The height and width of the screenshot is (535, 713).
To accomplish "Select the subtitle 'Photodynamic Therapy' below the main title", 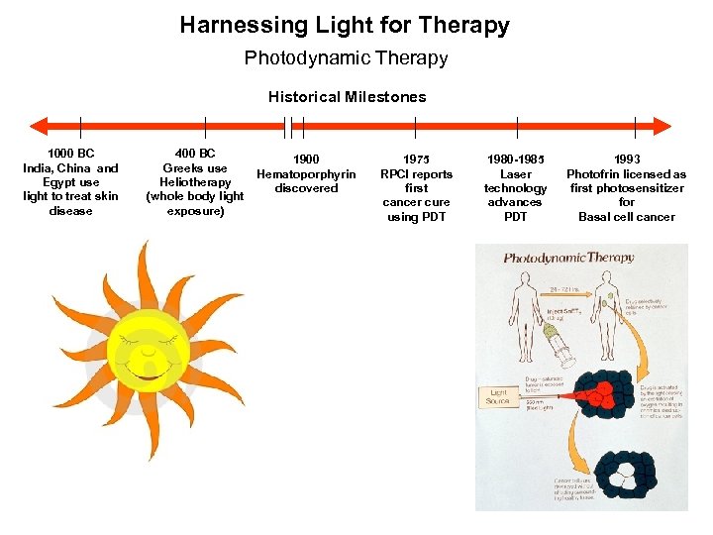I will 346,58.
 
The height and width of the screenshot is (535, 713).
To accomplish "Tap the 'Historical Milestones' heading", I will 347,97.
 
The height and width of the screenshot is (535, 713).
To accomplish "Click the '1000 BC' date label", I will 70,154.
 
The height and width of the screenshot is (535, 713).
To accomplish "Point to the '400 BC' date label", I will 195,154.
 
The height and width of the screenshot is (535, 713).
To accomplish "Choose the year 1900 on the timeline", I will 306,160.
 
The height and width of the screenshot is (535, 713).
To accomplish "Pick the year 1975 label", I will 416,160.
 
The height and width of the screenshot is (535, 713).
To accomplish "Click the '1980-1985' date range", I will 516,160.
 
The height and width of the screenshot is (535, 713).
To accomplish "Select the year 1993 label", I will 626,160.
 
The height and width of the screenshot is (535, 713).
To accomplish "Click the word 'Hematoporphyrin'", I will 306,174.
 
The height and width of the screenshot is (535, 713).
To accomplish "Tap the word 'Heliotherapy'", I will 195,182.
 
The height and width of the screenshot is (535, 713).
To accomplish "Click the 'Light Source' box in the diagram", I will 499,396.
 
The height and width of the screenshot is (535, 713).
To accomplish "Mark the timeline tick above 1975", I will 416,126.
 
